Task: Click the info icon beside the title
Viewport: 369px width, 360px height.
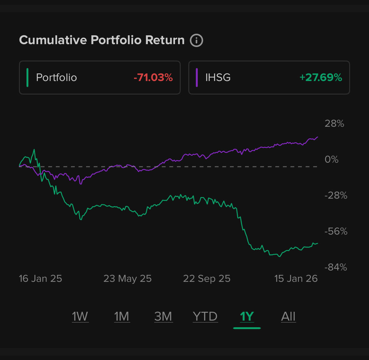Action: pyautogui.click(x=196, y=40)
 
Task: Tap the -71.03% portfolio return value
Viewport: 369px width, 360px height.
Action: pyautogui.click(x=153, y=78)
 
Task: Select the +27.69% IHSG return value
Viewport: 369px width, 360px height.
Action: pyautogui.click(x=321, y=78)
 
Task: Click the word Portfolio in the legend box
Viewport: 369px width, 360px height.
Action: pyautogui.click(x=56, y=78)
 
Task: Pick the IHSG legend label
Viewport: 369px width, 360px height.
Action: pyautogui.click(x=218, y=78)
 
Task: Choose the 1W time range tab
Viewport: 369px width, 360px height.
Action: pyautogui.click(x=80, y=316)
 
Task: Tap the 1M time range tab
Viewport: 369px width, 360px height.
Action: pyautogui.click(x=122, y=316)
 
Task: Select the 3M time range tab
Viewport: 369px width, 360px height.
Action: pyautogui.click(x=163, y=316)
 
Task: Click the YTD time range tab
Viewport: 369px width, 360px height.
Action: pyautogui.click(x=205, y=316)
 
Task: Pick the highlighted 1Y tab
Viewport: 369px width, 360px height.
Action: pyautogui.click(x=247, y=316)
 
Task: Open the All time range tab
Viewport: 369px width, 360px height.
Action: pyautogui.click(x=288, y=316)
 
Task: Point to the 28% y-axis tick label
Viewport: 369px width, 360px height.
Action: pyautogui.click(x=334, y=124)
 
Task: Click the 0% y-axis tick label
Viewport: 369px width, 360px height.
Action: pyautogui.click(x=331, y=160)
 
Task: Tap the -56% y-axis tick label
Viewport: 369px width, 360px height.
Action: pyautogui.click(x=336, y=231)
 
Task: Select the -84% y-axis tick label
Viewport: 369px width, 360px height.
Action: pyautogui.click(x=336, y=267)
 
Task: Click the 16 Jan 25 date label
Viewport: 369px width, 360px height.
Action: pyautogui.click(x=40, y=279)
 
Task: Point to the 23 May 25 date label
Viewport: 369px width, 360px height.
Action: pyautogui.click(x=127, y=279)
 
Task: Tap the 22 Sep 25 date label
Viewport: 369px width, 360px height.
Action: pyautogui.click(x=207, y=279)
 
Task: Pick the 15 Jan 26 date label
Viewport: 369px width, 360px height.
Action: pyautogui.click(x=296, y=279)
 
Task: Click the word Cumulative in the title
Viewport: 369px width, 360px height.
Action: pyautogui.click(x=53, y=40)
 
